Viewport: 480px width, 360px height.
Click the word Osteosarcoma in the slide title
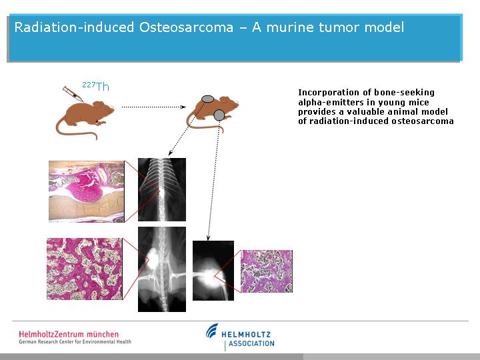point(186,27)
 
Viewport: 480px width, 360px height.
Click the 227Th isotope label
point(95,86)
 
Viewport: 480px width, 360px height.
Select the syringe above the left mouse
point(73,94)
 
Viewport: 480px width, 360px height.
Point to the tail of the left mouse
point(75,130)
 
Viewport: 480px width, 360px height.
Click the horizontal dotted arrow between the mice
point(154,107)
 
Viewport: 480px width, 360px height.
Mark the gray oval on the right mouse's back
point(207,99)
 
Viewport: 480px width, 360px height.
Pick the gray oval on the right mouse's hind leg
point(219,115)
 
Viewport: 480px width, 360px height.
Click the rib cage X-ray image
point(161,189)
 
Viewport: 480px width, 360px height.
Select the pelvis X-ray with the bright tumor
point(161,269)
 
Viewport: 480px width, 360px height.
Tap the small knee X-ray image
point(213,271)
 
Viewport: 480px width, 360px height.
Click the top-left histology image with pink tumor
point(86,191)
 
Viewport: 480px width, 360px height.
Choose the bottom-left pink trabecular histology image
point(85,269)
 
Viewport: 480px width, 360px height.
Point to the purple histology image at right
point(266,271)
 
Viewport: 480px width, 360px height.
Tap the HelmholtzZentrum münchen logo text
point(69,334)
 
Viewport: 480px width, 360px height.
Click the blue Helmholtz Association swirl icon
point(212,331)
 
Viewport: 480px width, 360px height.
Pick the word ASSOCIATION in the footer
point(251,343)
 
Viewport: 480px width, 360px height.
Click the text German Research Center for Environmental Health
point(75,341)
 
